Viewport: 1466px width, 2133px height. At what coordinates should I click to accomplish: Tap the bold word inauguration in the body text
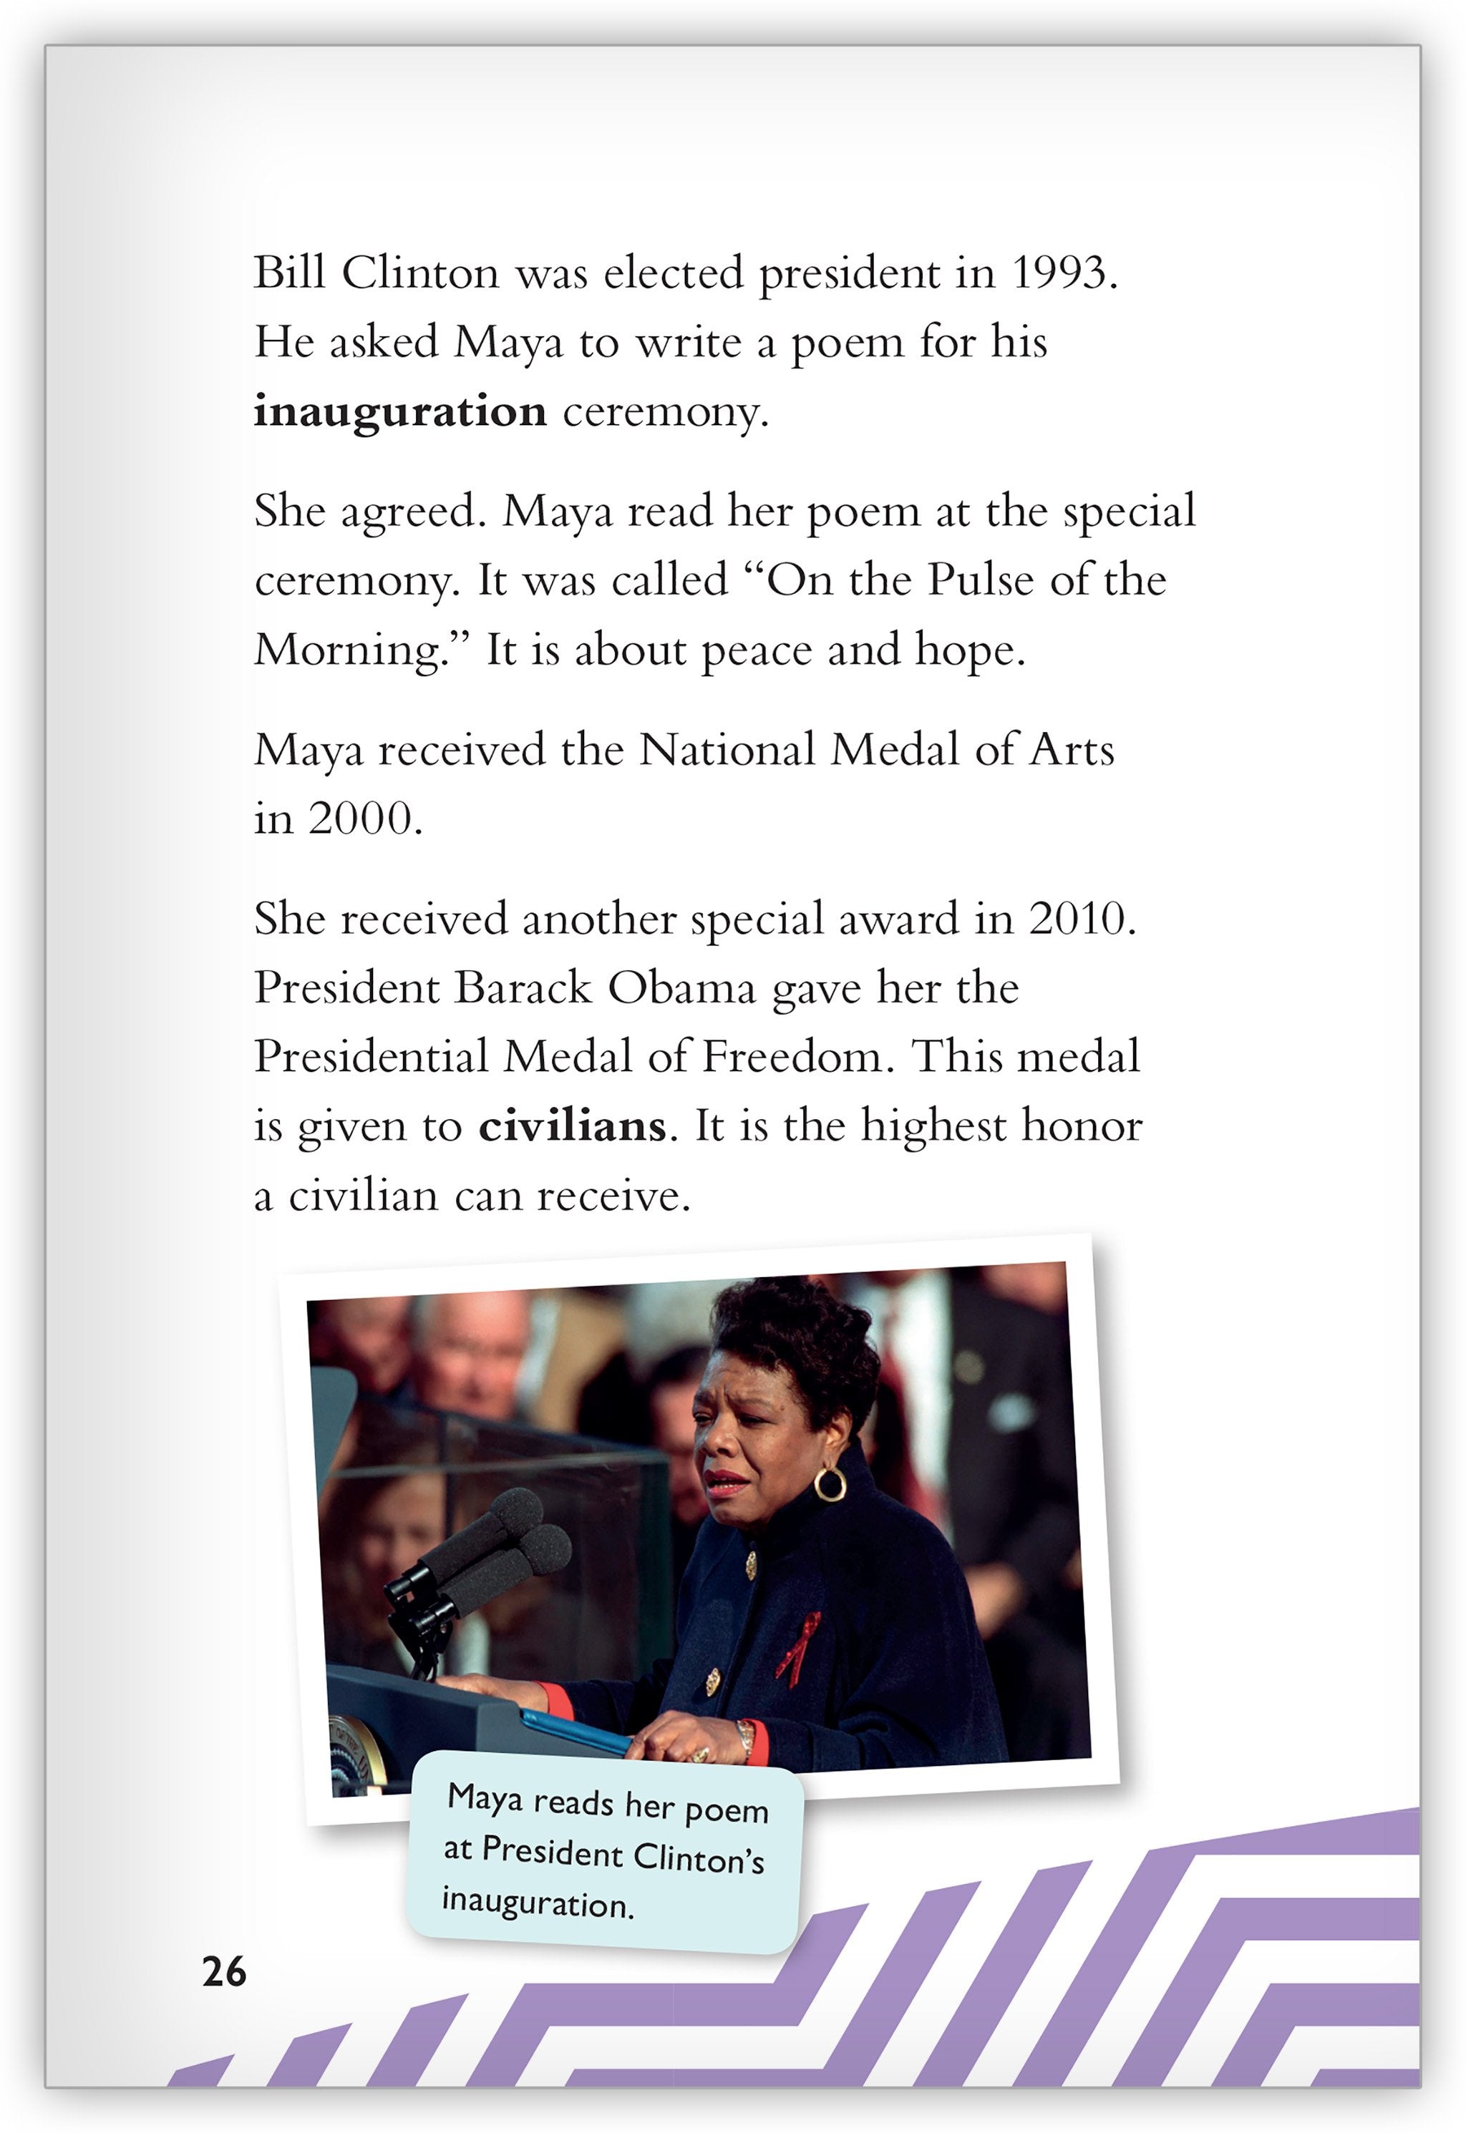click(x=399, y=411)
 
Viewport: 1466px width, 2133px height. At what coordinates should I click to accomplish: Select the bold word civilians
click(x=571, y=1126)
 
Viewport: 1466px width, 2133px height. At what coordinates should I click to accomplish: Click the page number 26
click(x=224, y=1971)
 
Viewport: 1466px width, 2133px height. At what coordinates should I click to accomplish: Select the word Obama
click(x=681, y=988)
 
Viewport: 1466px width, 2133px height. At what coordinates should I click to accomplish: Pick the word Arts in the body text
click(x=1071, y=750)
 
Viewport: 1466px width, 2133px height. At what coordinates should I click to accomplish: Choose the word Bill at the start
click(x=289, y=273)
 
